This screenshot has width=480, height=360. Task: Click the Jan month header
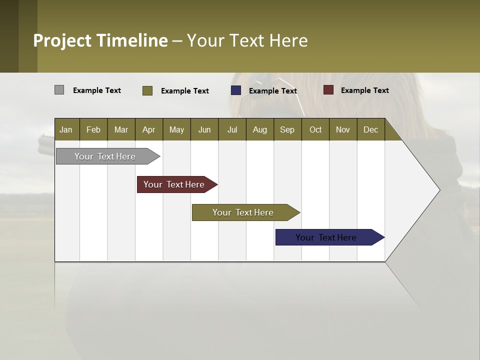coord(66,129)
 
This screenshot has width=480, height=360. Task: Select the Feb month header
coord(93,129)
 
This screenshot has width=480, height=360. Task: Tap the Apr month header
coord(148,129)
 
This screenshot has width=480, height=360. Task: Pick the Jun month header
coord(204,129)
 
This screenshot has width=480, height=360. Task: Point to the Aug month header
coord(259,129)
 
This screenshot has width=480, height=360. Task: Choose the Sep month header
coord(287,129)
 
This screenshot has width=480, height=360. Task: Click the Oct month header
coord(315,129)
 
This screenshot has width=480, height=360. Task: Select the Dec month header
coord(370,129)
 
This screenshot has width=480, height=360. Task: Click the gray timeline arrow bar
coord(105,156)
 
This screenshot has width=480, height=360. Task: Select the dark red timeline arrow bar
coord(174,184)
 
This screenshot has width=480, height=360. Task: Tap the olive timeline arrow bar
coord(243,212)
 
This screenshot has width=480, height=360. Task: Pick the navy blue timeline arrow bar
coord(326,237)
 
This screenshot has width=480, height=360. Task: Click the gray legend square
coord(59,90)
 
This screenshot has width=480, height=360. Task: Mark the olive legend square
coord(147,90)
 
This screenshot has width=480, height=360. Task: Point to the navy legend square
coord(236,90)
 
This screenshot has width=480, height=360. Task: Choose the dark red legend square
coord(328,90)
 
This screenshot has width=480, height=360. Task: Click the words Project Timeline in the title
coord(100,40)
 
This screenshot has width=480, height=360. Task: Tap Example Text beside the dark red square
coord(364,90)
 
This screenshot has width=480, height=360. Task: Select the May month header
coord(176,129)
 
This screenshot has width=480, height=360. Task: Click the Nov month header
coord(343,129)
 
